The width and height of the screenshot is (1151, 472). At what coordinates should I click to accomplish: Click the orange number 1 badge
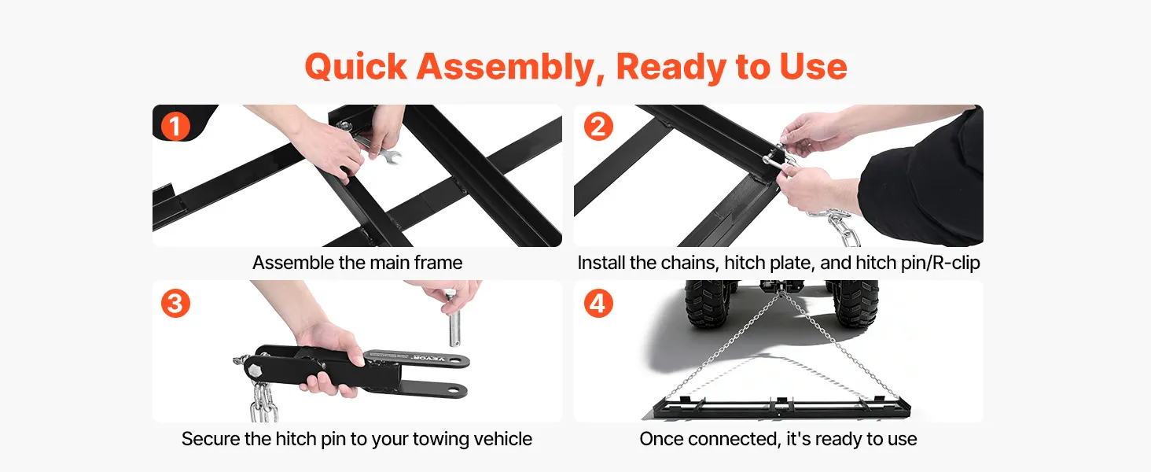coord(175,127)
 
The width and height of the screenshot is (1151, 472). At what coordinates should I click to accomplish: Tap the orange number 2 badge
coord(598,127)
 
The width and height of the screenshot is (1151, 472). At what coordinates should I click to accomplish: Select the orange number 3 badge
coord(175,304)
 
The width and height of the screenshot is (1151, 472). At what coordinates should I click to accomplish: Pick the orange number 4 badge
coord(598,304)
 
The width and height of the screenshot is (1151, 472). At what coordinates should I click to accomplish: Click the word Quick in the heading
coord(355,68)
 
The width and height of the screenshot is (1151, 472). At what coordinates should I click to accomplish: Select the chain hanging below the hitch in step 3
coord(264,402)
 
